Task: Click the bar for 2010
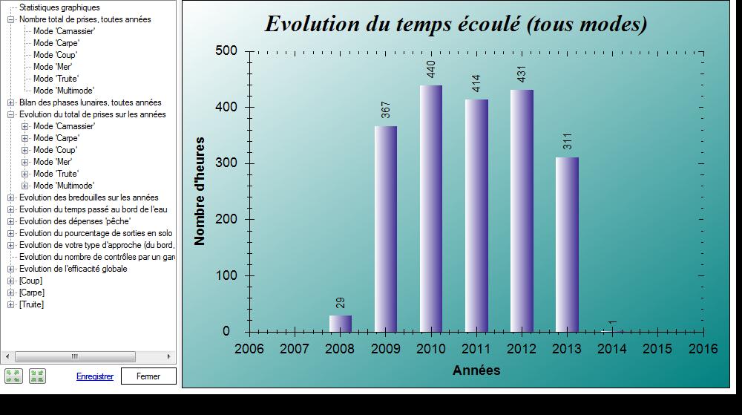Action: (431, 209)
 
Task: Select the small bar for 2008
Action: (341, 324)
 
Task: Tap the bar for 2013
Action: (567, 245)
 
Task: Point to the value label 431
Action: (522, 74)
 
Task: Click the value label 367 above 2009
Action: (386, 110)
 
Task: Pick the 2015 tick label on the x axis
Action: (657, 349)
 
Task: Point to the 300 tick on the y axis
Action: (226, 163)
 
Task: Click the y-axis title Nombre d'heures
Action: (200, 192)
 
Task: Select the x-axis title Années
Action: (476, 370)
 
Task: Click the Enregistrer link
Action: (95, 376)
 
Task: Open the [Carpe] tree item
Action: (32, 293)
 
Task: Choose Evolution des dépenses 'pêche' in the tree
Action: (75, 221)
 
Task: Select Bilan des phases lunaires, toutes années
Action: (91, 102)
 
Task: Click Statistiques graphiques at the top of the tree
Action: (59, 7)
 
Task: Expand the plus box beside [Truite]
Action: (11, 304)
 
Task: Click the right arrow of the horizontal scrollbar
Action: (169, 356)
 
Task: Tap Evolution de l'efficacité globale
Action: (73, 269)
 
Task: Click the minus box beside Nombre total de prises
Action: (11, 20)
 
